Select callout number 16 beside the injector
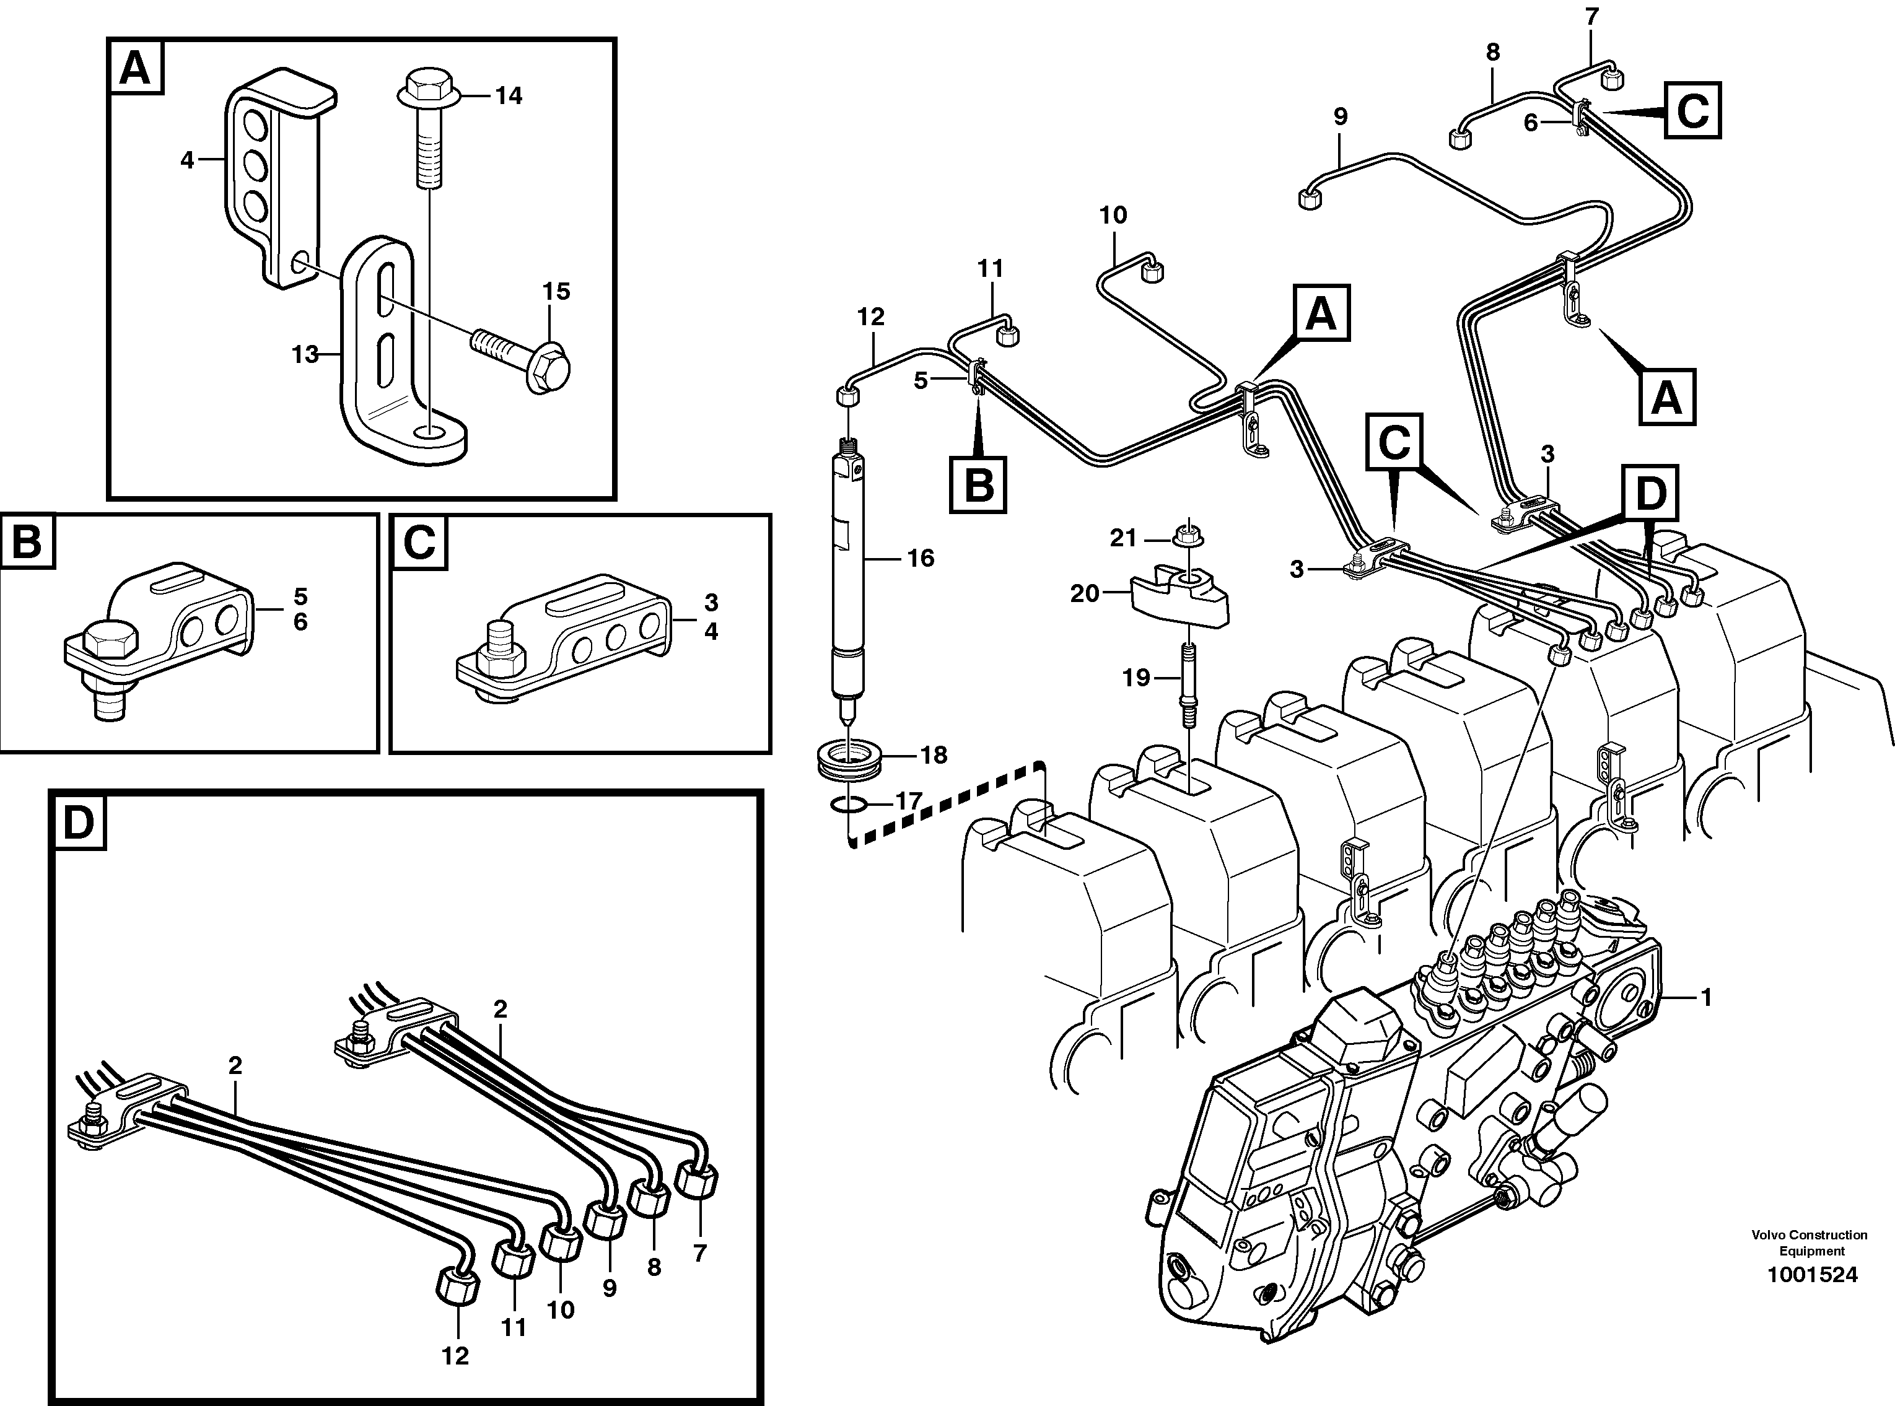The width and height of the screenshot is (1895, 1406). click(921, 558)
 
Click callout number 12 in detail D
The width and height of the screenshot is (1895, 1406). click(455, 1356)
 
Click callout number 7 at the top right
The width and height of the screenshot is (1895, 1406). click(1592, 17)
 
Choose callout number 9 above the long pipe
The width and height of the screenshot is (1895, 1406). click(1341, 116)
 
